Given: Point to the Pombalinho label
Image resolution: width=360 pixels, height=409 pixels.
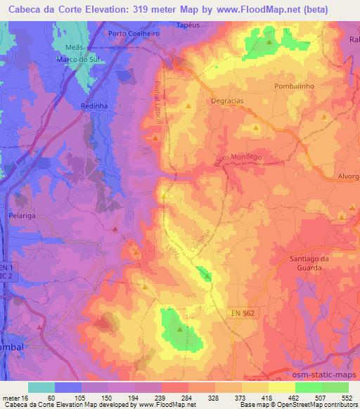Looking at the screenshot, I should click(x=297, y=85).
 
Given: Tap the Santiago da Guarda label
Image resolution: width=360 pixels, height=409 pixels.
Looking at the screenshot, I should click(x=310, y=262).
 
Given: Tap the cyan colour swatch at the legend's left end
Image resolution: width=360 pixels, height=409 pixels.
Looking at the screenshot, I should click(x=41, y=387).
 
